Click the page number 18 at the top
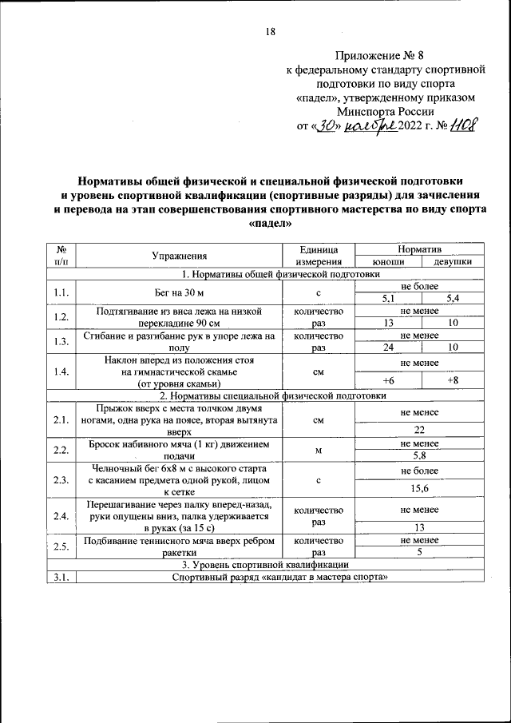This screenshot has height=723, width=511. point(270,32)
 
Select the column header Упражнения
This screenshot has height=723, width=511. point(180,256)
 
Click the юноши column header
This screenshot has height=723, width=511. point(388,261)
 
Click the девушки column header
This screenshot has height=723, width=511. point(453,261)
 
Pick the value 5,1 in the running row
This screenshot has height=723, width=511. point(388,299)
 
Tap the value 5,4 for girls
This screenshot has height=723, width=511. point(453,299)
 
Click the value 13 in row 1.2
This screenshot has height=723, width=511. point(388,323)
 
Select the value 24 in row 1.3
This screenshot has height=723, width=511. point(388,348)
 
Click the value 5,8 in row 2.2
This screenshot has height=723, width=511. point(419,455)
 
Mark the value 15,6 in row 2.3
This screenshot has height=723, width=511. point(419,487)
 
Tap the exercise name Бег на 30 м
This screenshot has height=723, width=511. point(180,292)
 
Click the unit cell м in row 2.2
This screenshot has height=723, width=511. point(319,450)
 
